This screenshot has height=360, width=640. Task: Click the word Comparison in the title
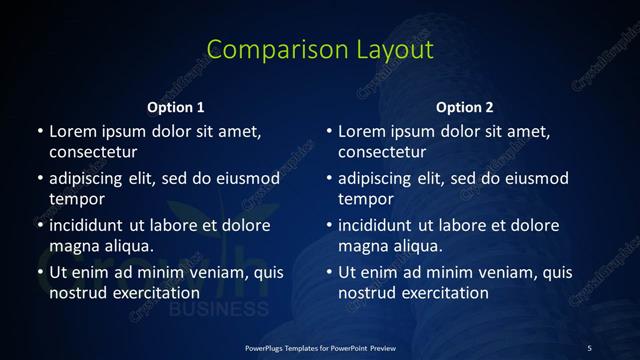265,50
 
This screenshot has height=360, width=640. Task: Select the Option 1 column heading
176,107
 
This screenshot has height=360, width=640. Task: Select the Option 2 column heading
465,107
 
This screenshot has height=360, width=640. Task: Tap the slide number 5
589,347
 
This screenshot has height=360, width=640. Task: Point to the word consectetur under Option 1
93,153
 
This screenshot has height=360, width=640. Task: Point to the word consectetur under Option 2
382,153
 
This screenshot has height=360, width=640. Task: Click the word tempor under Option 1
77,200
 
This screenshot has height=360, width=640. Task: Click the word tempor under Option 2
366,200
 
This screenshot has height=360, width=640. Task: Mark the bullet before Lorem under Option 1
40,132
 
